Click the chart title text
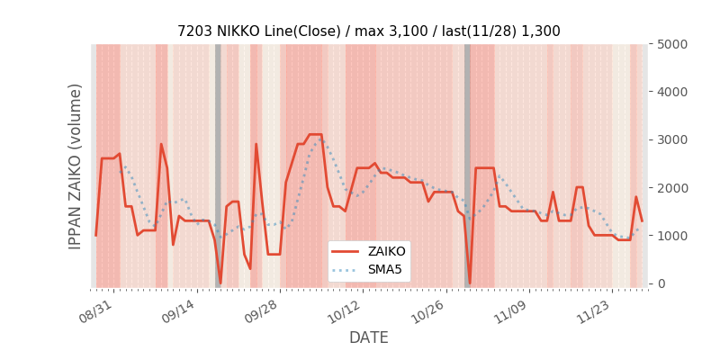tap(368, 31)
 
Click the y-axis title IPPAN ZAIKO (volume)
tap(76, 166)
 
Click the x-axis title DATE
tap(368, 337)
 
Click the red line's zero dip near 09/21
tap(220, 283)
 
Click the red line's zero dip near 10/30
tap(469, 283)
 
